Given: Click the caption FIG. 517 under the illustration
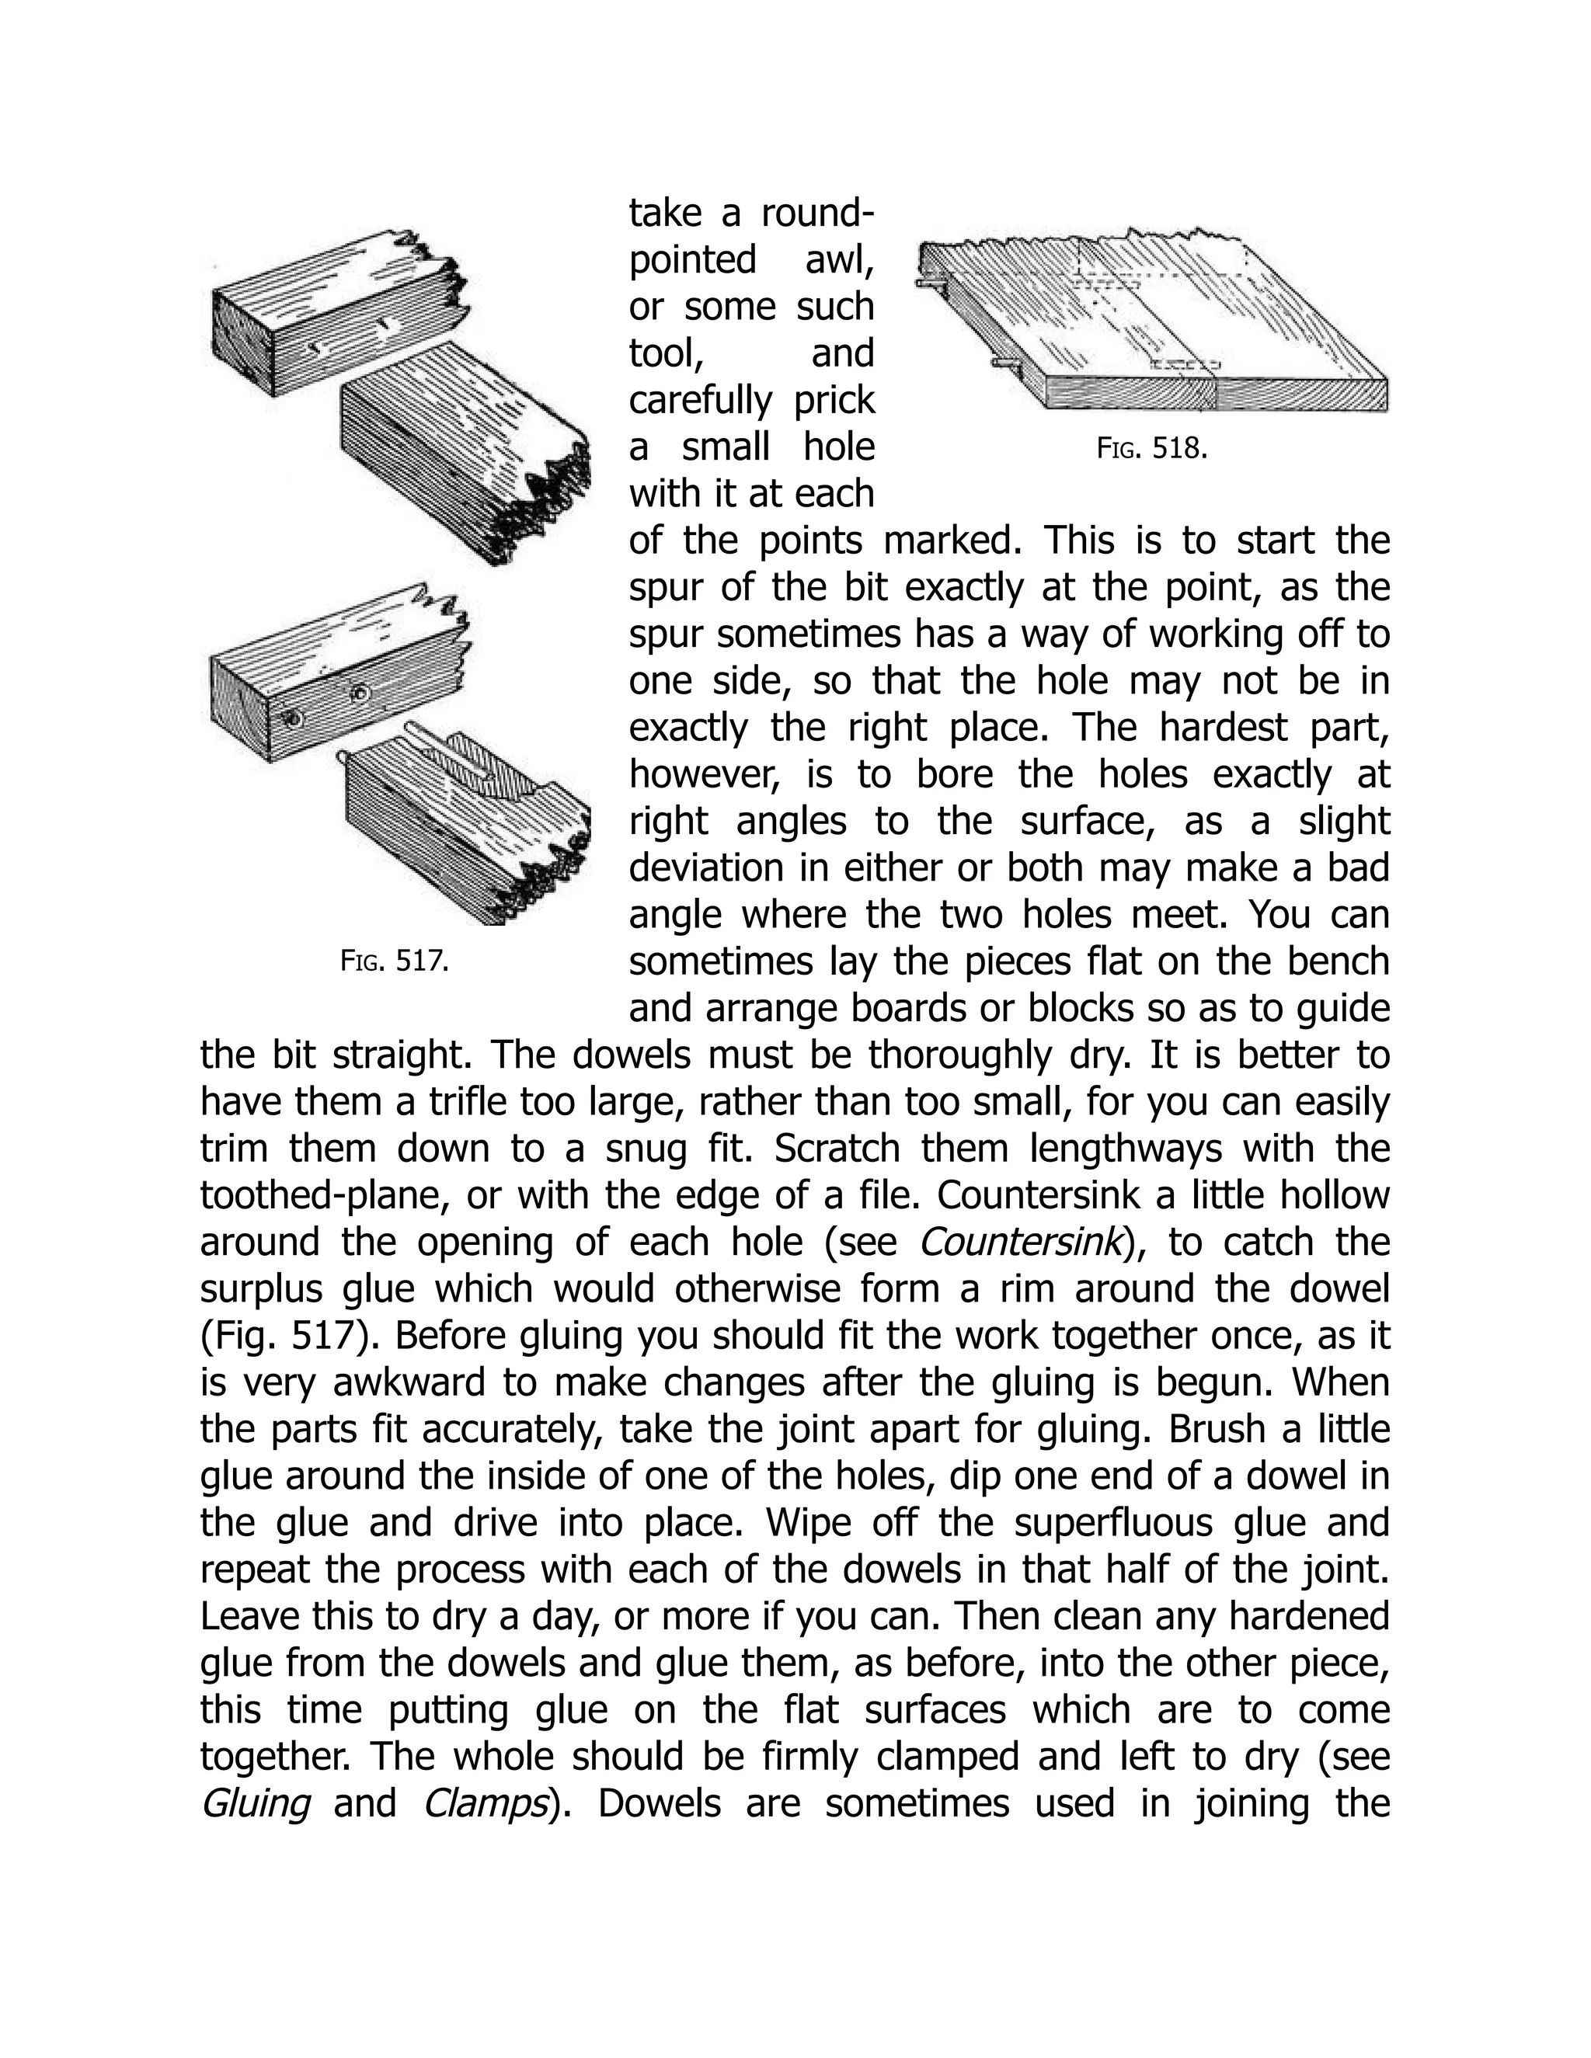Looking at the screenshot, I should tap(393, 962).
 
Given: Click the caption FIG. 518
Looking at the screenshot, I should tap(1152, 449).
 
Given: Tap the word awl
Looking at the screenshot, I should tap(839, 260).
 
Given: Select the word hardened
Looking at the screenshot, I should tap(1312, 1616).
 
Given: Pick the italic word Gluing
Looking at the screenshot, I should tap(256, 1803).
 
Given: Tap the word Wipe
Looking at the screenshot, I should tap(800, 1523).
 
